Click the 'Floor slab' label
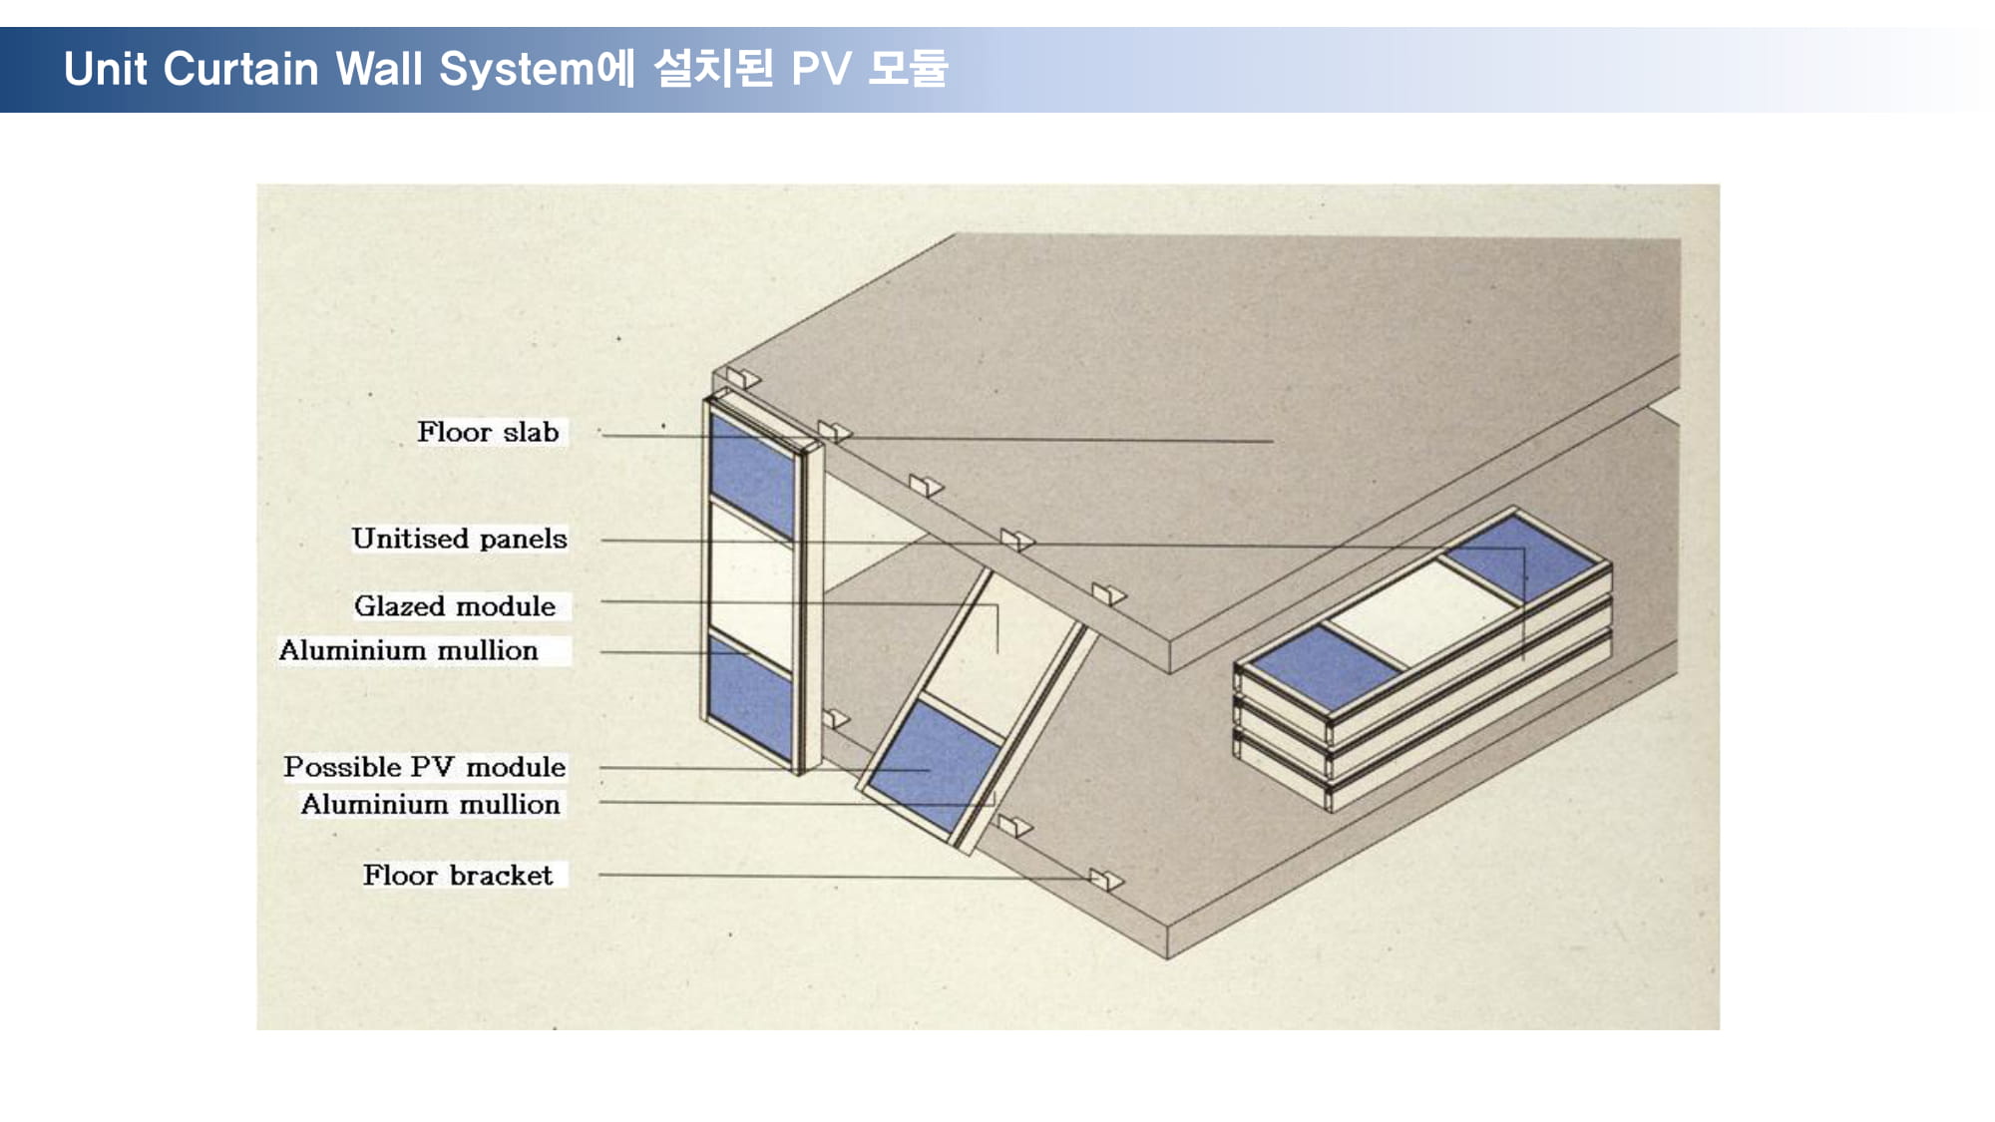coord(488,432)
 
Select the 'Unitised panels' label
coord(459,539)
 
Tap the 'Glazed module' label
coord(455,606)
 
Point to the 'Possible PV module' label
coord(424,767)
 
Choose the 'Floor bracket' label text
coord(458,875)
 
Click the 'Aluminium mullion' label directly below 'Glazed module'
coord(408,650)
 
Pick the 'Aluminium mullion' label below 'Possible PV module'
coord(430,804)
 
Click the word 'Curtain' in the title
coord(240,69)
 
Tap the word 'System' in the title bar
coord(517,69)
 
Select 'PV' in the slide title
coord(821,69)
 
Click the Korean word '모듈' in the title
coord(908,68)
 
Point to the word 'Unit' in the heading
coord(105,69)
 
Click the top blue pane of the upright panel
coord(753,474)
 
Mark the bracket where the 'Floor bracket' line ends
coord(1105,880)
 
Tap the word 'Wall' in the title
coord(378,69)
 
